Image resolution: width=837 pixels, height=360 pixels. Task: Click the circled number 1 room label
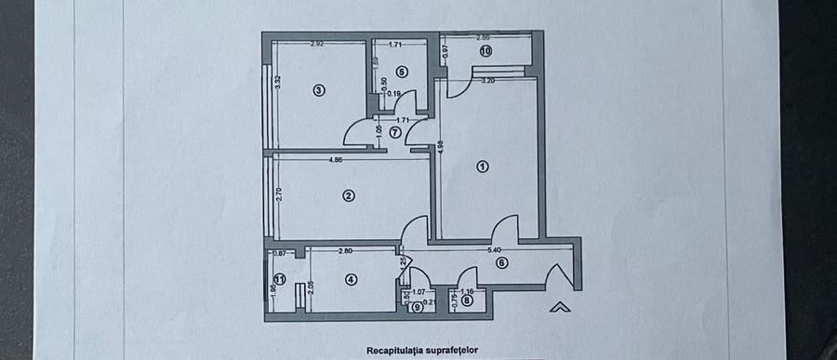tap(482, 167)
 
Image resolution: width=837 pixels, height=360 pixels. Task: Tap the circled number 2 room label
tap(349, 195)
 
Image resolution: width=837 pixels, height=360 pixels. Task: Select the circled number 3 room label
tap(319, 90)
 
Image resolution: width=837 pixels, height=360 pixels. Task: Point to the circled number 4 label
tap(351, 279)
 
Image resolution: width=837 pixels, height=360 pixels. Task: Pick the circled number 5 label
tap(401, 71)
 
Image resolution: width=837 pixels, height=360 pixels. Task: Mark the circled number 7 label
tap(395, 132)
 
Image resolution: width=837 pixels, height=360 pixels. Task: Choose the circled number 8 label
tap(467, 299)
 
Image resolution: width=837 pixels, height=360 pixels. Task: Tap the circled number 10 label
tap(485, 52)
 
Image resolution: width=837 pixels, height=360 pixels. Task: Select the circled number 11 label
tap(279, 279)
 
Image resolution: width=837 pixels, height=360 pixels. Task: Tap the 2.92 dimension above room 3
tap(316, 44)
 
